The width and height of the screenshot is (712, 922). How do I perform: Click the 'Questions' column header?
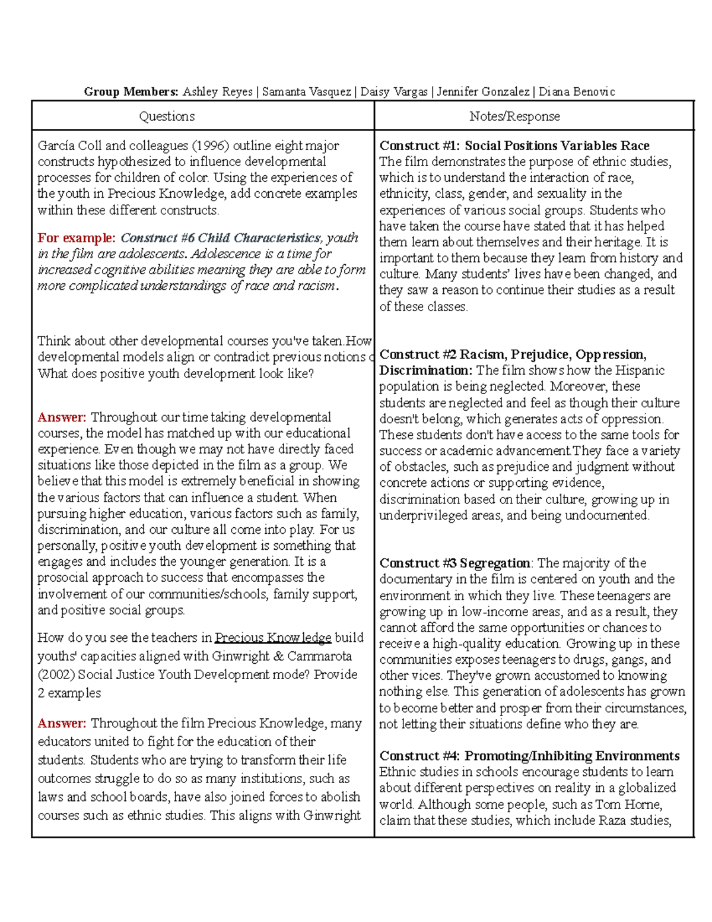click(167, 116)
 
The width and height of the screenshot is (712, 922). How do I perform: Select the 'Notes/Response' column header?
click(514, 116)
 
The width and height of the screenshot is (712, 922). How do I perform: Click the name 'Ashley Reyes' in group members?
click(217, 91)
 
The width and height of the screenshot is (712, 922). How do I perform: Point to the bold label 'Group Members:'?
click(131, 91)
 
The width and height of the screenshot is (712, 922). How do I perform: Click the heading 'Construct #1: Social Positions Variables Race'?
click(514, 145)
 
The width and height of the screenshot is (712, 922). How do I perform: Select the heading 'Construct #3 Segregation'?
click(455, 563)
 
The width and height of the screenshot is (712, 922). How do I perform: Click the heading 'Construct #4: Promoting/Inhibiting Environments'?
click(529, 756)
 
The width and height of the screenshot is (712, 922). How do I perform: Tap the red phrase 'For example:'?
click(77, 238)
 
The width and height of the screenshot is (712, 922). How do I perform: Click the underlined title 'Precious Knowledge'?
click(273, 638)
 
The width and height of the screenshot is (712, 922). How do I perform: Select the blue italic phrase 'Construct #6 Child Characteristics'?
click(220, 238)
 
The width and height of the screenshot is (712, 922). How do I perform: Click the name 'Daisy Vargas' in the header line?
click(394, 91)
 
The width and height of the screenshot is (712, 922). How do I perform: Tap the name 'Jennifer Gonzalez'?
click(483, 91)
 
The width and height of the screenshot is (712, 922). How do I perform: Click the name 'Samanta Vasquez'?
click(306, 91)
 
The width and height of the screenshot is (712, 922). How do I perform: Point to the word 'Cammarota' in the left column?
click(320, 656)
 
